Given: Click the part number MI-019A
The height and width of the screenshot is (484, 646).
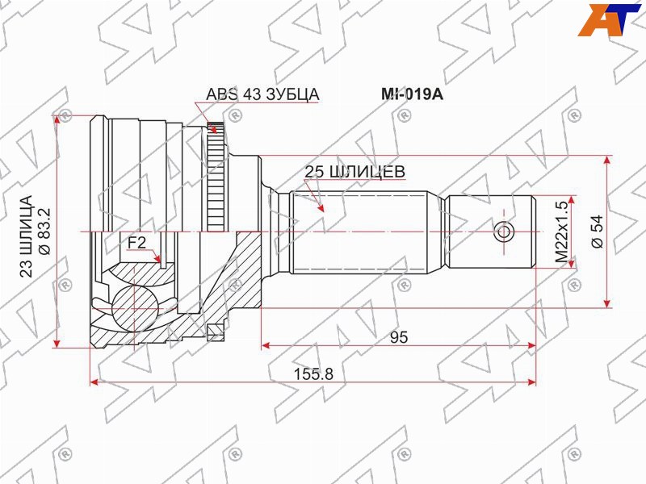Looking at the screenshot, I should [412, 94].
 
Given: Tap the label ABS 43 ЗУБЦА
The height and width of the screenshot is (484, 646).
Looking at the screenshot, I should [263, 94].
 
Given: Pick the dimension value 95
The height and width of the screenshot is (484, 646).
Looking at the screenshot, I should [398, 338].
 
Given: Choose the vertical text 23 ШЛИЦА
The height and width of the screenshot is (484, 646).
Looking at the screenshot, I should [26, 234].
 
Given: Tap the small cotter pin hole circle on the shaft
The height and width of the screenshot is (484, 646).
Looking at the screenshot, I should [504, 232].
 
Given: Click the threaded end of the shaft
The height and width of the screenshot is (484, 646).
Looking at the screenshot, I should [493, 232].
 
